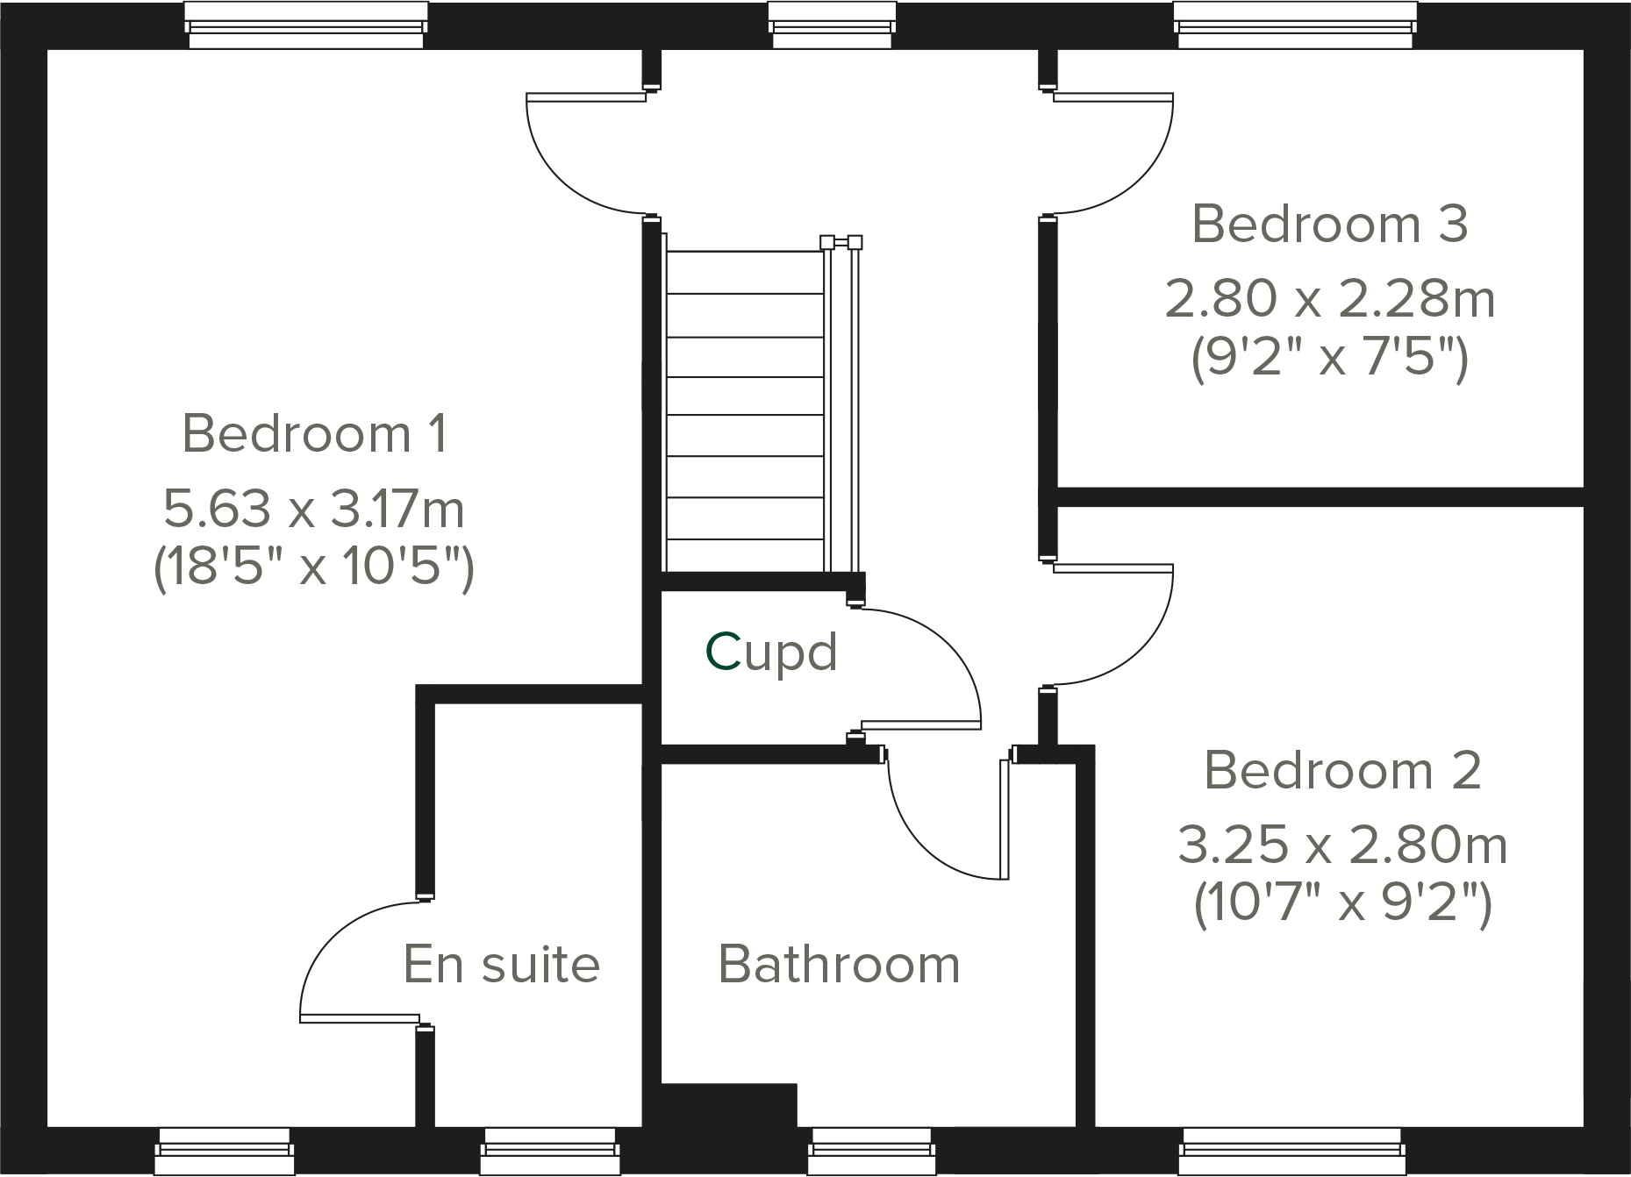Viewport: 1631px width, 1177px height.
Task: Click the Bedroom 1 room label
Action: point(314,433)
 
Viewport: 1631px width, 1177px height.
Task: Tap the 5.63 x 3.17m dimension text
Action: point(314,509)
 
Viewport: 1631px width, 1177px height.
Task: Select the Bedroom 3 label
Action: point(1329,224)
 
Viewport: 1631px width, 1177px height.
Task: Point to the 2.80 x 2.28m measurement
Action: point(1329,299)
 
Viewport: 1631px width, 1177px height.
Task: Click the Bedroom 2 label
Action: point(1342,770)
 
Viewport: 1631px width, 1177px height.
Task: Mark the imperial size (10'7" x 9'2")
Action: point(1342,903)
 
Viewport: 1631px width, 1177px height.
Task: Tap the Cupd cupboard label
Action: point(771,653)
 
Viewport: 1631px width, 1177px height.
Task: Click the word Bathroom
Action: point(839,965)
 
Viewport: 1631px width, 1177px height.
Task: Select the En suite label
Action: point(501,965)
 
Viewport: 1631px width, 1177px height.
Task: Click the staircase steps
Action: point(745,412)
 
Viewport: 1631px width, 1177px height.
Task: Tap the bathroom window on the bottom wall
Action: point(870,1151)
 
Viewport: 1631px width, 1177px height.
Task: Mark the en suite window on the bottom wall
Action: point(550,1151)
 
